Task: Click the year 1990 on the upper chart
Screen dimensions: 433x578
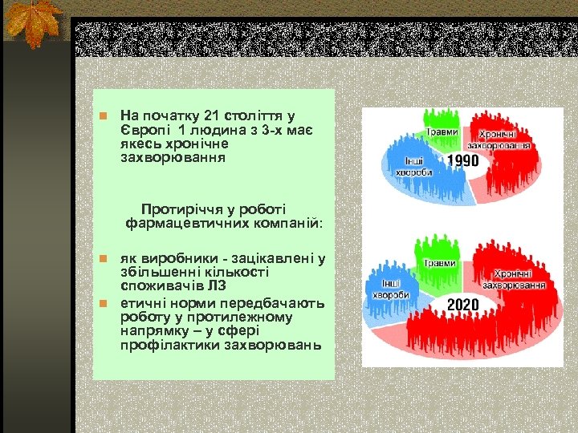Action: (x=462, y=160)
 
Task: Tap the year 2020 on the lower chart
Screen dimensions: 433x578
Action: (x=463, y=305)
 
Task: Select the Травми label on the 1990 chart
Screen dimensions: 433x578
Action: (x=442, y=132)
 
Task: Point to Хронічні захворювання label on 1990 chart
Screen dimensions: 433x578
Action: (x=503, y=140)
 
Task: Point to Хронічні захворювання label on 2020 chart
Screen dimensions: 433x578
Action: (x=514, y=279)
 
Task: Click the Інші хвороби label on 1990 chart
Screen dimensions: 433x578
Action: (x=413, y=165)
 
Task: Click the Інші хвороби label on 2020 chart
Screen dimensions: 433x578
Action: (x=391, y=289)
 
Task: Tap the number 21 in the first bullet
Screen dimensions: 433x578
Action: (x=212, y=116)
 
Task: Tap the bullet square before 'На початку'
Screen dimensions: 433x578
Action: (x=102, y=117)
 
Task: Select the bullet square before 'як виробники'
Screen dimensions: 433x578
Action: (x=102, y=258)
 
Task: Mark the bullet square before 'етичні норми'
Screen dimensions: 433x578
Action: (x=102, y=303)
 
